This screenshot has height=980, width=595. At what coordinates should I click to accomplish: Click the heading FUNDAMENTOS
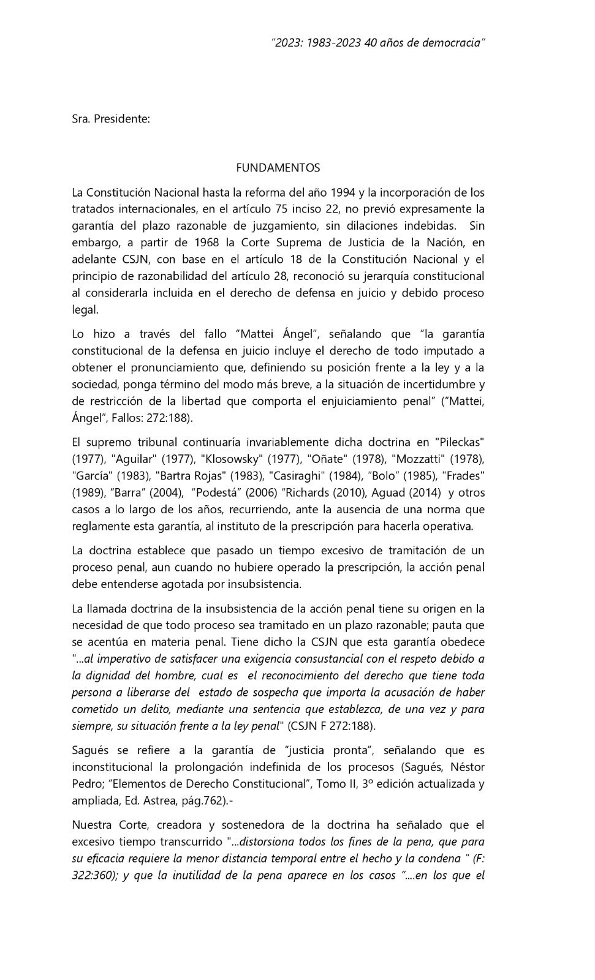point(278,167)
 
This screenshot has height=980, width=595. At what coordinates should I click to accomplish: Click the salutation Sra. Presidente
point(111,118)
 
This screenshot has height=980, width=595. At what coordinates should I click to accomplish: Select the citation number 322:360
point(94,875)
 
